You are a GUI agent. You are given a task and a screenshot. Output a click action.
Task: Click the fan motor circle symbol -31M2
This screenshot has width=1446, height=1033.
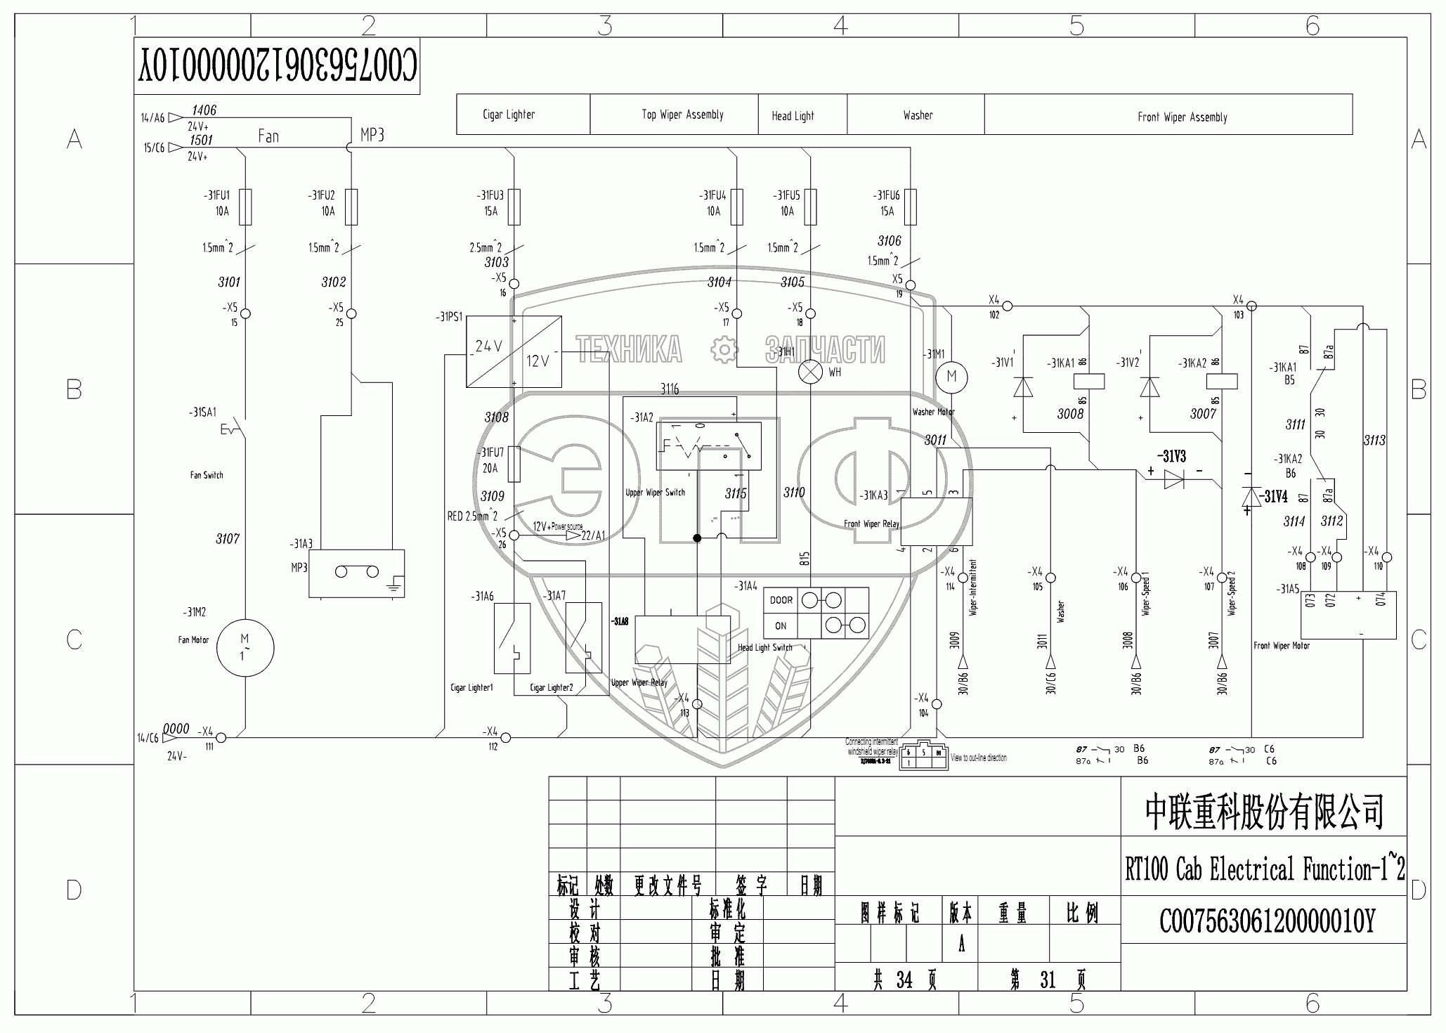[245, 648]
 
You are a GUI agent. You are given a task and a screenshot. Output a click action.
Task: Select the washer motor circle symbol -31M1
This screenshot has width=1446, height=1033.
[951, 376]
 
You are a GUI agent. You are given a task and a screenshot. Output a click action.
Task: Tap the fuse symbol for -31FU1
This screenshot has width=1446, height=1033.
[245, 207]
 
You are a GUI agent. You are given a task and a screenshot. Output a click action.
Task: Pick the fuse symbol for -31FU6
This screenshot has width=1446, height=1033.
[911, 207]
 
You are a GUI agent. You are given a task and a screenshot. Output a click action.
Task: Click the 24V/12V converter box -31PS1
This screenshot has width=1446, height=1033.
[514, 351]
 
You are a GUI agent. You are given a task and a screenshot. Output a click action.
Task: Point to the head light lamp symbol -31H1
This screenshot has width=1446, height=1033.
[811, 372]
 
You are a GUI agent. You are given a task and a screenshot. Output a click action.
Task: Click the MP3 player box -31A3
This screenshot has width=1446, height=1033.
[357, 573]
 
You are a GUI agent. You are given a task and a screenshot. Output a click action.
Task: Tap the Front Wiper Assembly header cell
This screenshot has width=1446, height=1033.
[1182, 117]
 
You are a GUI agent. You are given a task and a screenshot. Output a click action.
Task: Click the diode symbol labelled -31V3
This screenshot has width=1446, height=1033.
[1174, 479]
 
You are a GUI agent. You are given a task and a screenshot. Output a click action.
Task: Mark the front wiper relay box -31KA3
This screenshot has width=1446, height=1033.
[936, 522]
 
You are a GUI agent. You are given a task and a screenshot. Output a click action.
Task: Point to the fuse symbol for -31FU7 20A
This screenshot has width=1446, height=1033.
[514, 464]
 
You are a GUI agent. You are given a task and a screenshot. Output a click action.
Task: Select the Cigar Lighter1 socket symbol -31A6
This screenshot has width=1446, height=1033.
[512, 637]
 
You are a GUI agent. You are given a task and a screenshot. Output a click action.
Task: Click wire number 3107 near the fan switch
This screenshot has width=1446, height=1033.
[228, 539]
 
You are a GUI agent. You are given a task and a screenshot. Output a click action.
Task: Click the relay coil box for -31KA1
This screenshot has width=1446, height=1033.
[1089, 382]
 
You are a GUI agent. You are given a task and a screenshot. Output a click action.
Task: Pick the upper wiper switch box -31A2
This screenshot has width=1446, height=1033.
[708, 446]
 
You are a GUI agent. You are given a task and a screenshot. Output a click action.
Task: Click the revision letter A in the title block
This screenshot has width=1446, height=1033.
[960, 944]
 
